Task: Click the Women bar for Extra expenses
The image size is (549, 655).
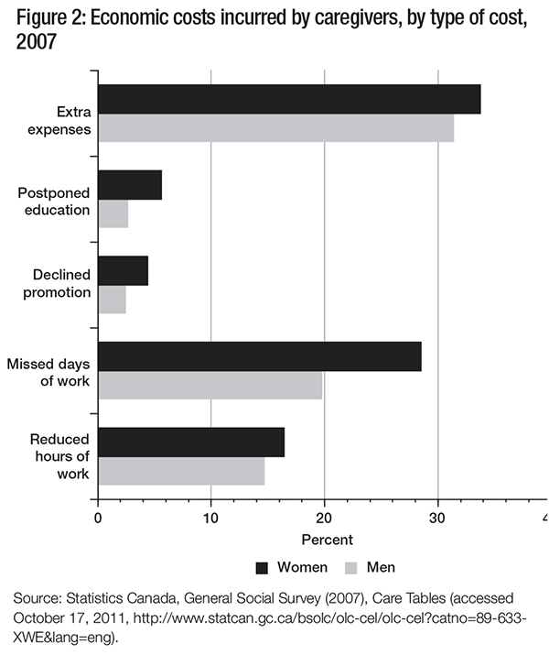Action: [289, 99]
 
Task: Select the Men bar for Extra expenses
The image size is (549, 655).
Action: [275, 127]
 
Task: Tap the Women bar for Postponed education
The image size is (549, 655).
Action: [130, 185]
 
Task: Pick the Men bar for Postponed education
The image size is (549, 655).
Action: [113, 213]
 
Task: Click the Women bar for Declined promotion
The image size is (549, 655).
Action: [123, 270]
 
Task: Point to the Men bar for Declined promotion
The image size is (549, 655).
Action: [112, 300]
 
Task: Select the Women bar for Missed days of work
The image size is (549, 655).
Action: [260, 356]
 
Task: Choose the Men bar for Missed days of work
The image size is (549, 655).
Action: [210, 385]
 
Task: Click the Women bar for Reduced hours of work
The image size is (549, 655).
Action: [191, 442]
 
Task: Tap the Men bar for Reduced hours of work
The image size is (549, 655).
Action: [181, 471]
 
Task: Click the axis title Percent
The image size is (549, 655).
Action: [327, 540]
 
